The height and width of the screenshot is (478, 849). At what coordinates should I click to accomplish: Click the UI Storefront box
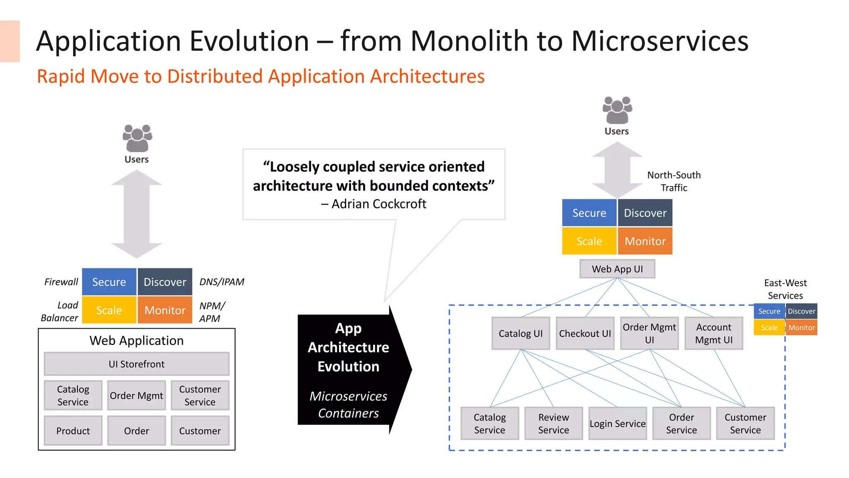tap(136, 364)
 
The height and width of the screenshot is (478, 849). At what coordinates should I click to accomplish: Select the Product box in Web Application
tap(73, 431)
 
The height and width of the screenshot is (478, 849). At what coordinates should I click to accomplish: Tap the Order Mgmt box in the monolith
tap(136, 395)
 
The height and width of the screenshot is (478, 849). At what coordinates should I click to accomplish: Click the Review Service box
tap(553, 423)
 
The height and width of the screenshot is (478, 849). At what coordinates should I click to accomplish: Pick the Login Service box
tap(617, 423)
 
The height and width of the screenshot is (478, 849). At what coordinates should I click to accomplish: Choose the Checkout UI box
tap(585, 333)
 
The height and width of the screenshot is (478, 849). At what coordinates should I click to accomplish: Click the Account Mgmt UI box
tap(713, 333)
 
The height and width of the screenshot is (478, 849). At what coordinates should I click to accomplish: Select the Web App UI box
tap(617, 269)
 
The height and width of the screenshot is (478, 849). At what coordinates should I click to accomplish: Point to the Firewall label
tap(61, 282)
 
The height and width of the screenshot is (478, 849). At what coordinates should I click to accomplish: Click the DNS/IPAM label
tap(222, 282)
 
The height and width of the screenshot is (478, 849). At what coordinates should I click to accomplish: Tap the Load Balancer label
tap(60, 312)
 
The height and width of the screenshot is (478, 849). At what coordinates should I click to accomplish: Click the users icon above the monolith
tap(137, 138)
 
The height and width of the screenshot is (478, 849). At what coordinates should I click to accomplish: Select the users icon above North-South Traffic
tap(617, 110)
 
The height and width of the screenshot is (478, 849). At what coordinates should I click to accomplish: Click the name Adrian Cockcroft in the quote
tap(378, 204)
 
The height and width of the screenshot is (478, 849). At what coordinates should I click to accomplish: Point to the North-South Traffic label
tap(674, 181)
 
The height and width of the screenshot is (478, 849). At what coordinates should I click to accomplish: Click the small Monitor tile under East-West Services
tap(801, 327)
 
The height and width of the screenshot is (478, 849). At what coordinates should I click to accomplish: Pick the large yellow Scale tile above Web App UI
tap(589, 241)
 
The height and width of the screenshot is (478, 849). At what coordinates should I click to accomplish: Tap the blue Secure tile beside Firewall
tap(109, 282)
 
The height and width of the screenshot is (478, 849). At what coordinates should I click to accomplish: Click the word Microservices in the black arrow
tap(348, 396)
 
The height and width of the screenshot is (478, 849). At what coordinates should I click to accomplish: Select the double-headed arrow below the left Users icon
tap(136, 214)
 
